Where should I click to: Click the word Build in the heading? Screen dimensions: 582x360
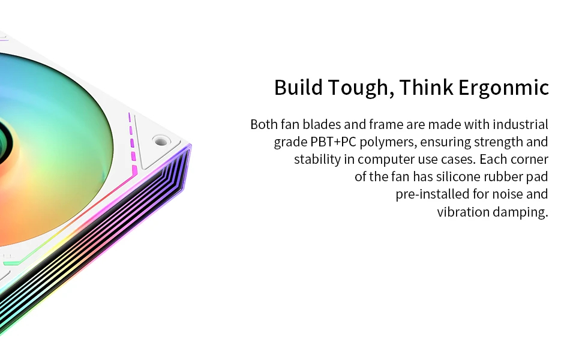click(298, 88)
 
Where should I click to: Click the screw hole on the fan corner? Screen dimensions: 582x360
click(161, 141)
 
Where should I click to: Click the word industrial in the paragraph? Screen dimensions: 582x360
click(520, 124)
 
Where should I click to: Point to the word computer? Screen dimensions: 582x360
click(386, 160)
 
